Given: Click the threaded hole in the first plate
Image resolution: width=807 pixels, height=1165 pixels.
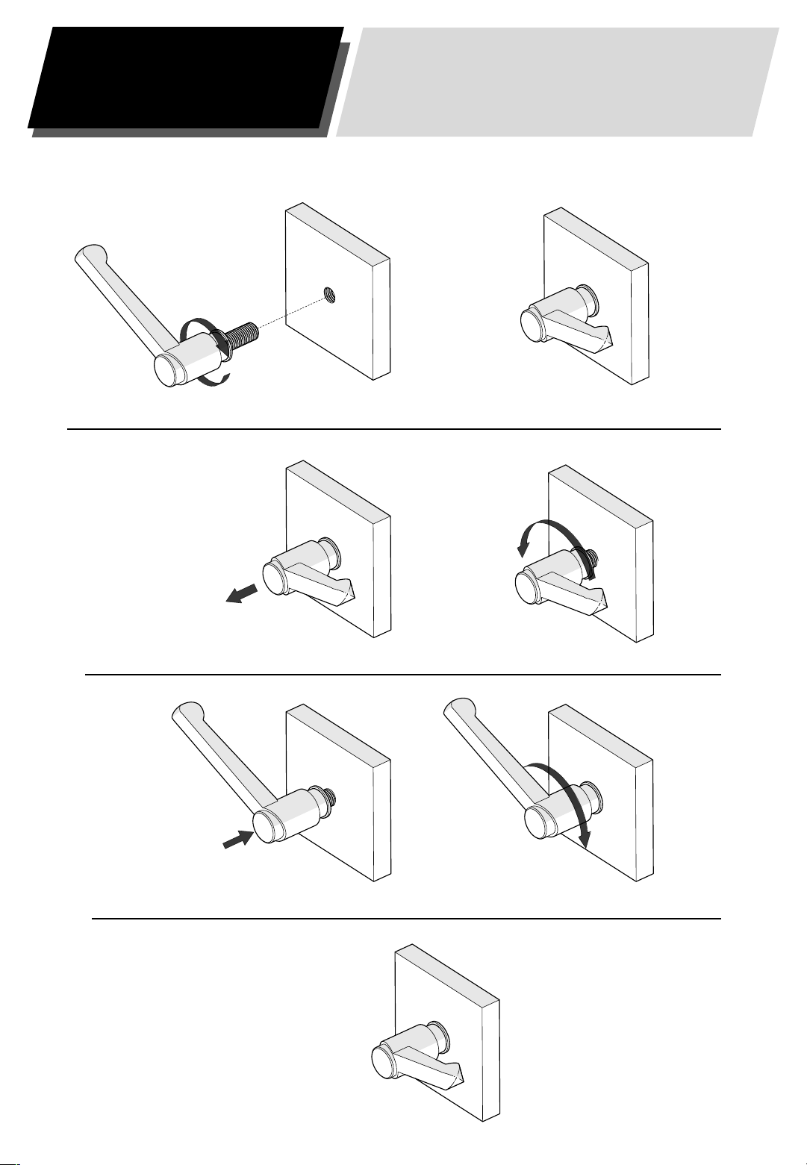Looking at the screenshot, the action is [330, 294].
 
